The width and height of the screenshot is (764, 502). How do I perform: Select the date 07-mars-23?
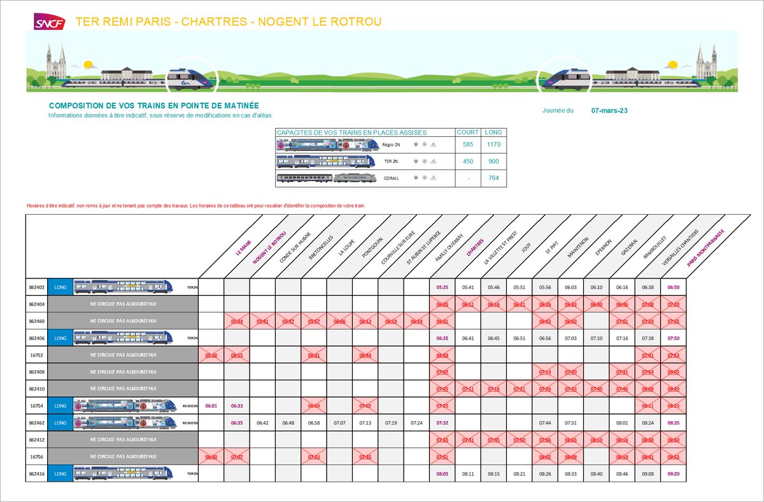pyautogui.click(x=609, y=110)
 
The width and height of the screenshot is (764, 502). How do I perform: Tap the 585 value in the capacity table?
pyautogui.click(x=468, y=145)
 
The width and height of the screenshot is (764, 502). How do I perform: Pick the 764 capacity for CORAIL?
pyautogui.click(x=493, y=178)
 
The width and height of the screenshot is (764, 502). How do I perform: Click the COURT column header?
pyautogui.click(x=468, y=133)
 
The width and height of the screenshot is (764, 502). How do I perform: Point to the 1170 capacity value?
pyautogui.click(x=493, y=145)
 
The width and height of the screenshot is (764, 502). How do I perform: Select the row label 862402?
pyautogui.click(x=37, y=287)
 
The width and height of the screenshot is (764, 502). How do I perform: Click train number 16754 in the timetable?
pyautogui.click(x=37, y=405)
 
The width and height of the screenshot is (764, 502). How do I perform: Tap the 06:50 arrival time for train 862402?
pyautogui.click(x=674, y=287)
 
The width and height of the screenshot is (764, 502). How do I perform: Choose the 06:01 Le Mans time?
pyautogui.click(x=211, y=405)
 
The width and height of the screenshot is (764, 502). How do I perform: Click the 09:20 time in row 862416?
pyautogui.click(x=674, y=473)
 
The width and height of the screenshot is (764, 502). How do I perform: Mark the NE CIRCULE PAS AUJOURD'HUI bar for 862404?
pyautogui.click(x=124, y=304)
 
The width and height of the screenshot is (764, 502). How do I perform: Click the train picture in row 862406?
pyautogui.click(x=124, y=338)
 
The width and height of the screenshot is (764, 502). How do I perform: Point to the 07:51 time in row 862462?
pyautogui.click(x=571, y=422)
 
